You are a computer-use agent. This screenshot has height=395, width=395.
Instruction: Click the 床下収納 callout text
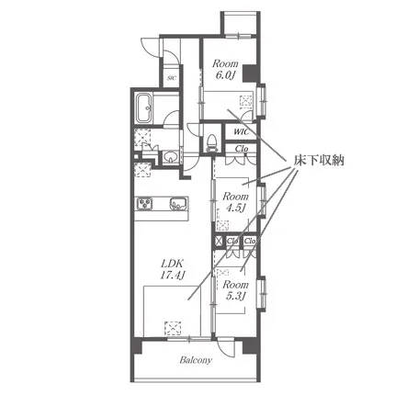coord(319,160)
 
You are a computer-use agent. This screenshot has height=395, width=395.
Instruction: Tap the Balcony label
coord(196,360)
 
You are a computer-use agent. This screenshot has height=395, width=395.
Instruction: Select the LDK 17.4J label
coord(172,269)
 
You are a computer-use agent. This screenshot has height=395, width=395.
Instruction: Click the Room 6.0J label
coord(225,70)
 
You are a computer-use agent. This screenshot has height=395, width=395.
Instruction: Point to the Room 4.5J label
coord(235,202)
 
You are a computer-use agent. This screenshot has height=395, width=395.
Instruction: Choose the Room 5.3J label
coord(235,290)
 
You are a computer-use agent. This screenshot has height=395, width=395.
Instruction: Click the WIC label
coord(241,132)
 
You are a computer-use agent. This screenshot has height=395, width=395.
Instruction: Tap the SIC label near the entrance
coord(171,78)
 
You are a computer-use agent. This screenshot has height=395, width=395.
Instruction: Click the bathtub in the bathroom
coord(144,108)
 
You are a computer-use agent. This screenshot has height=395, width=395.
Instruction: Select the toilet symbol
coord(211,142)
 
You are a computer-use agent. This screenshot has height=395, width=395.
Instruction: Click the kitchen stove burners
coord(144,204)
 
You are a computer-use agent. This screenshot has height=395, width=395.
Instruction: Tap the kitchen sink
coord(179,204)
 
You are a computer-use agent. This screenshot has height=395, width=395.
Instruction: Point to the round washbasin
coord(169,157)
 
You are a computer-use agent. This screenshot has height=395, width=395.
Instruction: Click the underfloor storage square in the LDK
coord(174,328)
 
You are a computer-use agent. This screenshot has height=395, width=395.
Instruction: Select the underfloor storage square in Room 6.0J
coord(246,102)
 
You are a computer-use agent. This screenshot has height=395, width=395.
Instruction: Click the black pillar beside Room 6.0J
coord(251,73)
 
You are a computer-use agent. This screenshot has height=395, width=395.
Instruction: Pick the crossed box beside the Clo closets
coord(219,242)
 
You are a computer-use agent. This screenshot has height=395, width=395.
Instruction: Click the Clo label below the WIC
coord(242,149)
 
